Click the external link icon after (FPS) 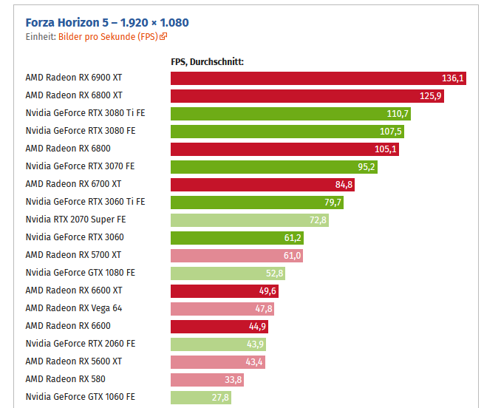pos(163,36)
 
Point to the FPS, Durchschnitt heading pos(207,62)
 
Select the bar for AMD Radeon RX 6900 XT pos(318,78)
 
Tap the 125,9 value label pos(430,96)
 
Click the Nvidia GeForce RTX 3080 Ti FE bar pos(290,114)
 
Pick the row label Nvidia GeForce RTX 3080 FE pos(81,132)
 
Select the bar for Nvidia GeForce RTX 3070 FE pos(273,167)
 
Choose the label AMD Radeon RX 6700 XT pos(73,185)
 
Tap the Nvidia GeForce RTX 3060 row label pos(75,238)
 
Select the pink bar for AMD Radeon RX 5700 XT pos(236,256)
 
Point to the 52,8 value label pos(274,273)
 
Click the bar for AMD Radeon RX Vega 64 pos(222,309)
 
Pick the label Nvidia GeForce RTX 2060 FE pos(81,344)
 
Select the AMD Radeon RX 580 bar pos(207,380)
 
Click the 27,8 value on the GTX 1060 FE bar pos(220,398)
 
